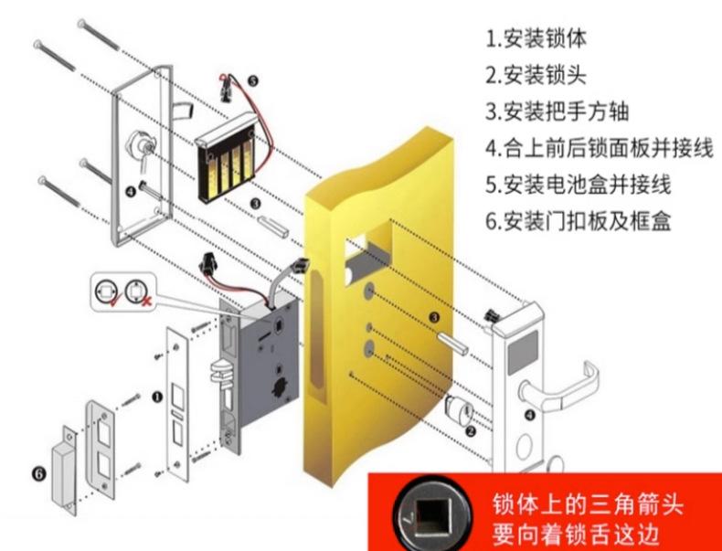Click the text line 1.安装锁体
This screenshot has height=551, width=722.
536,39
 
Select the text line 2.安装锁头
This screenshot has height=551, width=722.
536,76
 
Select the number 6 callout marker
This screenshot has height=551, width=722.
37,474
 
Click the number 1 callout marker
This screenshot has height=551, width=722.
156,397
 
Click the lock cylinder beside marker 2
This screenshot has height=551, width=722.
453,408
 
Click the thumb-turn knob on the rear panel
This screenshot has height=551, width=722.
147,146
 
